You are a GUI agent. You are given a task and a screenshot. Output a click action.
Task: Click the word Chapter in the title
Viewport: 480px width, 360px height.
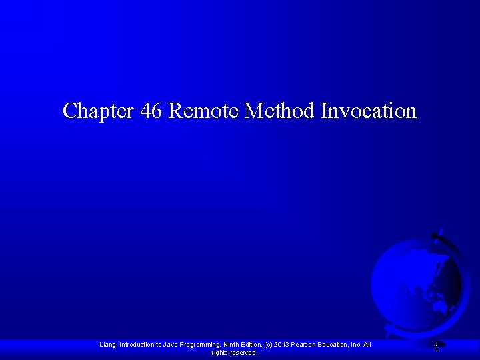tap(99, 110)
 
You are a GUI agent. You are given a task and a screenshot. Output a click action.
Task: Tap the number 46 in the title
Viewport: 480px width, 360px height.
tap(151, 110)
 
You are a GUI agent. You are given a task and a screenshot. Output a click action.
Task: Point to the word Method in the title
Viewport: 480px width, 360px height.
tap(280, 110)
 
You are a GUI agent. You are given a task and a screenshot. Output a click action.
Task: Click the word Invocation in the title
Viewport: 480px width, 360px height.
tap(369, 110)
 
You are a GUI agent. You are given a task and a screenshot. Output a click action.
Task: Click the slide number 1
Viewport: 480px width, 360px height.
tap(437, 349)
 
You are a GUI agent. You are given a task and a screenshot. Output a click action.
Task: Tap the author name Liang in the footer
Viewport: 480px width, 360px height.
tap(108, 345)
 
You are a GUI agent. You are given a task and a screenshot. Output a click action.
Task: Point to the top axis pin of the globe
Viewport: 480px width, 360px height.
tap(436, 233)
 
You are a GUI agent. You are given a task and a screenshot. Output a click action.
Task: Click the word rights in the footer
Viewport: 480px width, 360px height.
tap(219, 353)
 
